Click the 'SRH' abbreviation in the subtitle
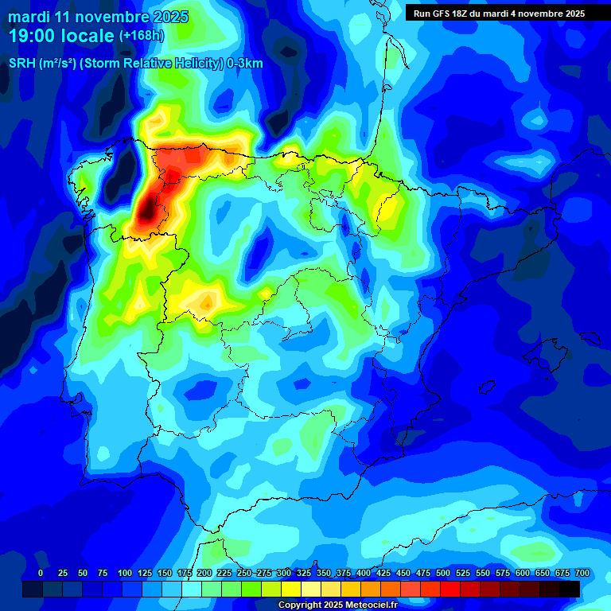tap(22, 64)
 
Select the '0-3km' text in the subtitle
tap(244, 64)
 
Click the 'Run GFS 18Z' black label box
tap(499, 13)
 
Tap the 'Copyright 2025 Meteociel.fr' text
tap(337, 605)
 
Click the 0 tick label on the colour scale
tap(41, 574)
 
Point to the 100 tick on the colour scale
tap(125, 574)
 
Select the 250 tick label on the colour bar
tap(244, 574)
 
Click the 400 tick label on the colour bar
tap(364, 574)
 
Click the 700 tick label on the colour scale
tap(582, 574)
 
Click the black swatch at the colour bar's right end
tap(570, 589)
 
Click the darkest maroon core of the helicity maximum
tap(146, 211)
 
